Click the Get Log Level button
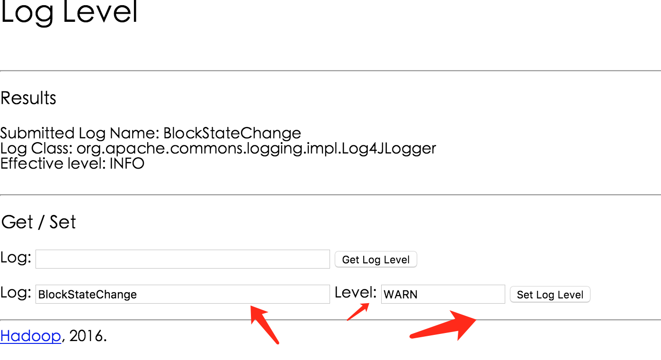375,259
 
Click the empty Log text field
183,259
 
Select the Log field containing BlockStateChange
183,294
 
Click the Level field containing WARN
443,294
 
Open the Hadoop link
31,336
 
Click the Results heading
28,98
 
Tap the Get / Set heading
39,222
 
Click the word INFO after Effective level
127,163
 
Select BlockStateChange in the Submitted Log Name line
232,133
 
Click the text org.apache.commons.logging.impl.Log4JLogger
256,149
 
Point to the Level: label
356,292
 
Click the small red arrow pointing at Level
358,312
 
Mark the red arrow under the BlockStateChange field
264,324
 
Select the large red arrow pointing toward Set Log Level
443,325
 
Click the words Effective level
53,163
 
